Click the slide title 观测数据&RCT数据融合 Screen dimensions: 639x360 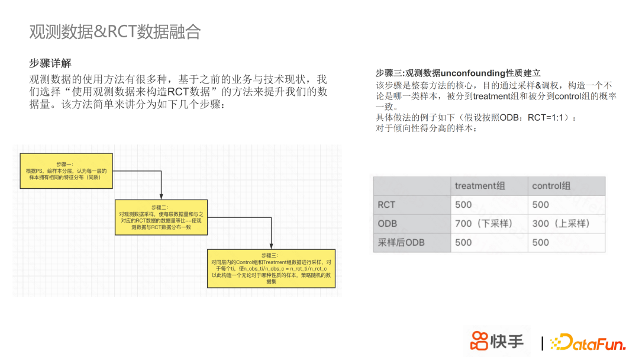tap(115, 32)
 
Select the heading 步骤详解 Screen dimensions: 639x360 tap(50, 63)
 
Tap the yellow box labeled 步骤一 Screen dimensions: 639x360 tap(66, 171)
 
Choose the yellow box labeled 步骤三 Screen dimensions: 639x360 tap(272, 268)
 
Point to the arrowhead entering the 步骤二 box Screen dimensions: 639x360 tap(161, 197)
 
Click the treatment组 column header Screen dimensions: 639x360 tap(480, 186)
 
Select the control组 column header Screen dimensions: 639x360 tap(551, 186)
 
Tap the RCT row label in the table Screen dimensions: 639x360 tap(386, 205)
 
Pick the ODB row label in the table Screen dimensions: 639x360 tap(388, 223)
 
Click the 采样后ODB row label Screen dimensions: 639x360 tap(401, 242)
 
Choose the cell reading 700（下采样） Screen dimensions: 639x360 tap(483, 223)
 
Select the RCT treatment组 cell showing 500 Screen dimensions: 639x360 tap(463, 205)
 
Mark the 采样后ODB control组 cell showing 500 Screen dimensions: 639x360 tap(540, 242)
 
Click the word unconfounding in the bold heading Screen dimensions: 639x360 tap(473, 73)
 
